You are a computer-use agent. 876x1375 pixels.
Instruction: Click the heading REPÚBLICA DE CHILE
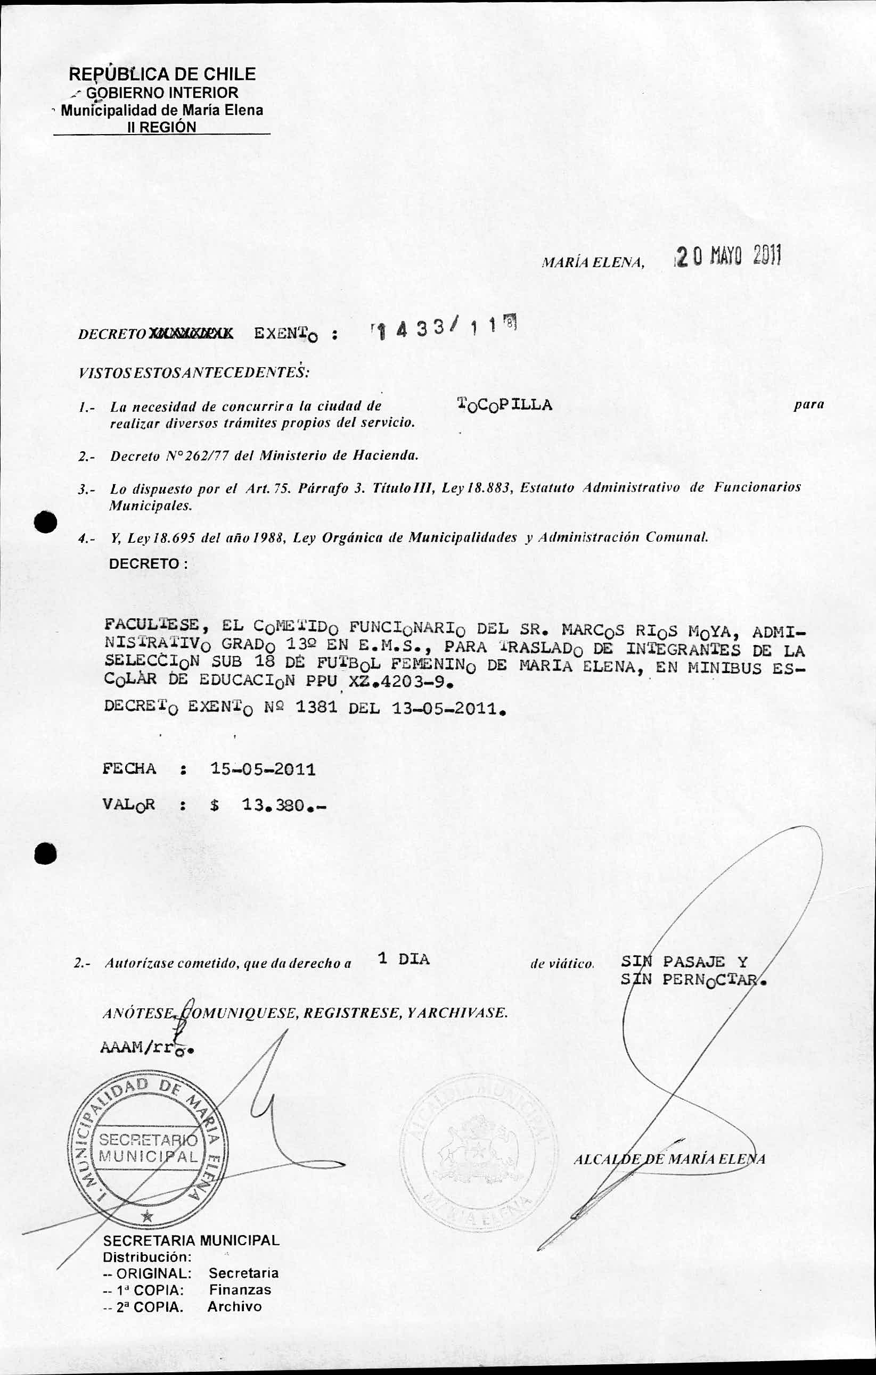(x=162, y=73)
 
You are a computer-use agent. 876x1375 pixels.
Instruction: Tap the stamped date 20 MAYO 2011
(x=727, y=256)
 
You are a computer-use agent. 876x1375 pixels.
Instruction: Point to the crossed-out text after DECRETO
(x=190, y=335)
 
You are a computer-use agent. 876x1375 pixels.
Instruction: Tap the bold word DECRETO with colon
(x=148, y=564)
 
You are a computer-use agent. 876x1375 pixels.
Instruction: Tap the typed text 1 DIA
(x=404, y=959)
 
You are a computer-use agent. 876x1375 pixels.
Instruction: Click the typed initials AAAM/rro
(x=146, y=1048)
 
